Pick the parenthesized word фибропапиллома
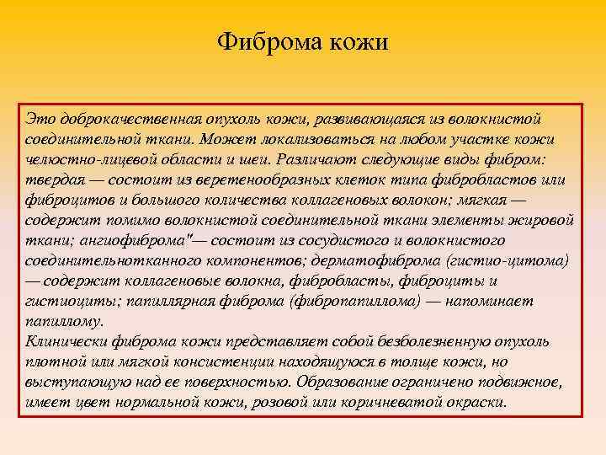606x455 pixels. tap(375, 301)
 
